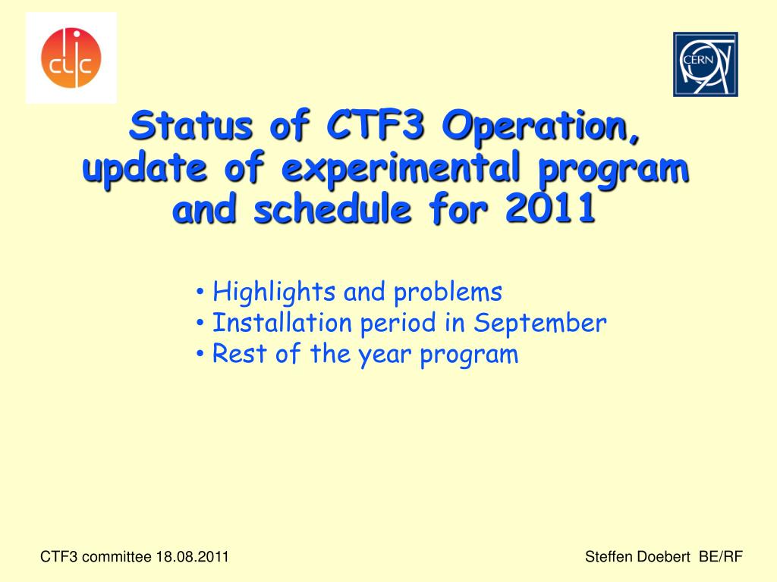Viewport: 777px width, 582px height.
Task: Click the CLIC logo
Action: tap(71, 58)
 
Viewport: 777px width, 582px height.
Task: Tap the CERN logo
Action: tap(705, 64)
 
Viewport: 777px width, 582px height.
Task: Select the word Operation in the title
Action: tap(540, 127)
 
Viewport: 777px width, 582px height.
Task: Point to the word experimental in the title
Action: tap(401, 167)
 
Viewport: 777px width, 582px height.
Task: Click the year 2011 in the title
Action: tap(550, 208)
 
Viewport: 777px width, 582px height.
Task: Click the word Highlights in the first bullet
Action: tap(274, 292)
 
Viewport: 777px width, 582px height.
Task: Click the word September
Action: tap(540, 324)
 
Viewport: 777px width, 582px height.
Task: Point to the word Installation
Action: tap(282, 323)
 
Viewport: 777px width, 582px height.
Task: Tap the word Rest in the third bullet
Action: tap(239, 353)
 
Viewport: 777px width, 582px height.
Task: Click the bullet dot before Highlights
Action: tap(200, 292)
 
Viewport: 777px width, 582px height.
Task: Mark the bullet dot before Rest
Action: tap(200, 354)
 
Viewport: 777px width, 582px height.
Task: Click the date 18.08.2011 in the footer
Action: tap(192, 557)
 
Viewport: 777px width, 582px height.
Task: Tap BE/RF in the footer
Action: tap(721, 557)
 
